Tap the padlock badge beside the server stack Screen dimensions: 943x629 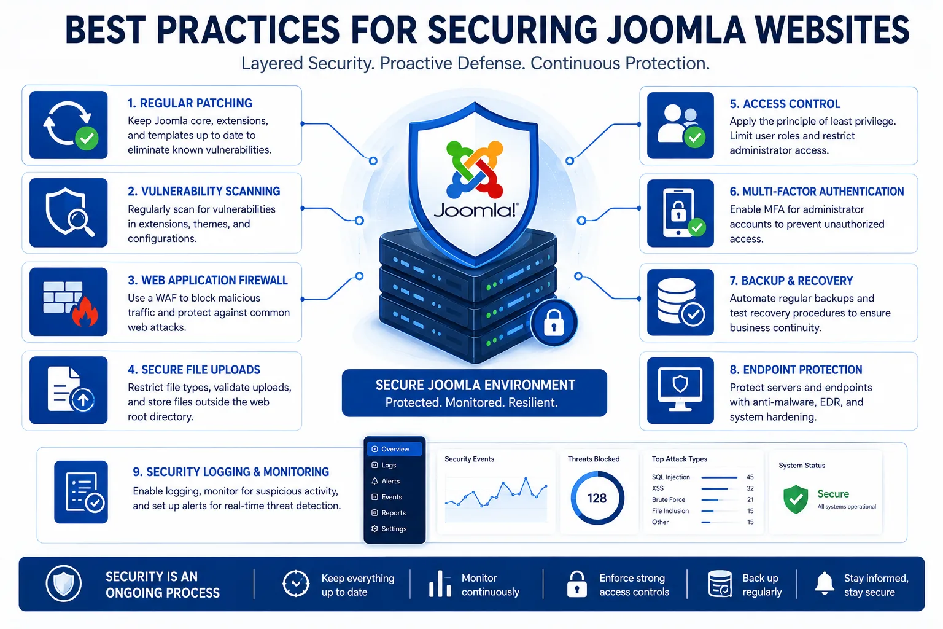click(554, 322)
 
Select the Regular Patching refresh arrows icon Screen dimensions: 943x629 click(69, 125)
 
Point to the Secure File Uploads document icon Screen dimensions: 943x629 click(69, 390)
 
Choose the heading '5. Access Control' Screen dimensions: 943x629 click(785, 104)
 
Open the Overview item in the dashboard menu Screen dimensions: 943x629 click(395, 449)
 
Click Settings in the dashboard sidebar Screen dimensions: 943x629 click(389, 529)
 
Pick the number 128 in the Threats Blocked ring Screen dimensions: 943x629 click(597, 498)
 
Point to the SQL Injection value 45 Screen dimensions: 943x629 click(750, 477)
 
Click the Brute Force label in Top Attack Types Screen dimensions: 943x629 click(669, 499)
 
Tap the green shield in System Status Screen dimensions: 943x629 click(796, 499)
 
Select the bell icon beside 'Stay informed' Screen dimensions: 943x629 click(825, 584)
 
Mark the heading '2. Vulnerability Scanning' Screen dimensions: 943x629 click(204, 191)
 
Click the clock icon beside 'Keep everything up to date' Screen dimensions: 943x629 click(296, 584)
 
